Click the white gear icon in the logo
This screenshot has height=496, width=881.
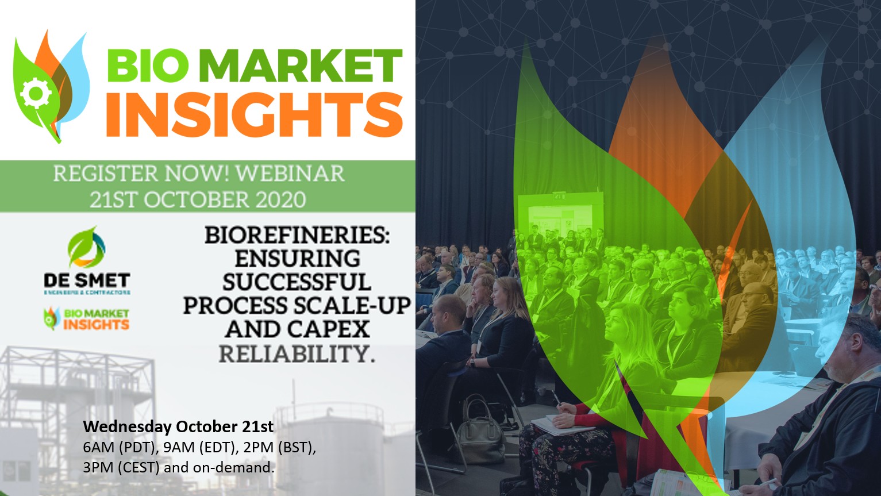click(36, 93)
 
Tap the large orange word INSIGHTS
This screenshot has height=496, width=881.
click(255, 114)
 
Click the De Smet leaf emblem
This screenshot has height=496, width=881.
click(86, 247)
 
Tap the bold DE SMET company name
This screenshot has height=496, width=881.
click(87, 280)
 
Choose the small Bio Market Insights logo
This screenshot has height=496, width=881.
click(87, 319)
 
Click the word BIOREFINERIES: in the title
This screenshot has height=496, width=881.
click(297, 235)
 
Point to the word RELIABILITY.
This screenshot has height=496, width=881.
click(297, 353)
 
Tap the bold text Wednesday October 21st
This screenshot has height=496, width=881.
click(178, 427)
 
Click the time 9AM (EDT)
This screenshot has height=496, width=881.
click(200, 448)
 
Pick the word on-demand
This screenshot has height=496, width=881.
click(234, 468)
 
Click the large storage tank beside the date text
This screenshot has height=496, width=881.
click(330, 448)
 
